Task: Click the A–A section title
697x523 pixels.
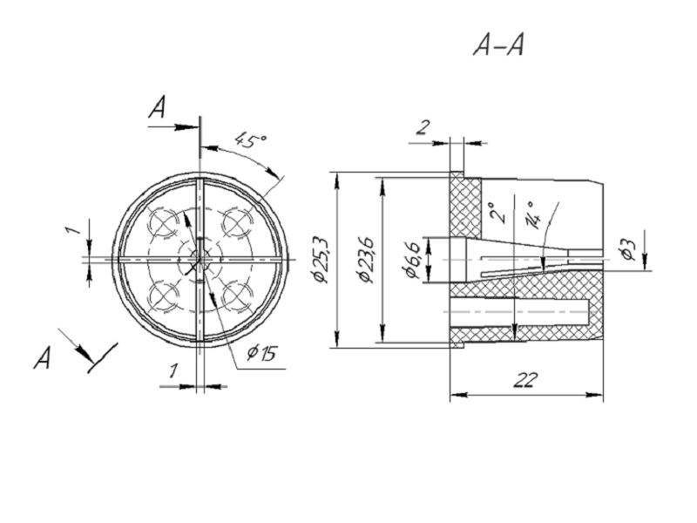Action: click(x=498, y=44)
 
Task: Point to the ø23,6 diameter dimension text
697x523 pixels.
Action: click(x=367, y=259)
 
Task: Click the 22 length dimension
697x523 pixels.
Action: click(x=525, y=379)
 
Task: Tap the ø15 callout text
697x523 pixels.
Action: click(x=261, y=353)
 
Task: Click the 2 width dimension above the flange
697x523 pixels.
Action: click(x=423, y=128)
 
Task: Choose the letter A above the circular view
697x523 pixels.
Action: click(x=157, y=109)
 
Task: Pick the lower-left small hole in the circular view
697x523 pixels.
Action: click(x=163, y=295)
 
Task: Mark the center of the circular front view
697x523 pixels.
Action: click(x=200, y=259)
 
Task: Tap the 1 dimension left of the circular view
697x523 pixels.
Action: click(x=74, y=230)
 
